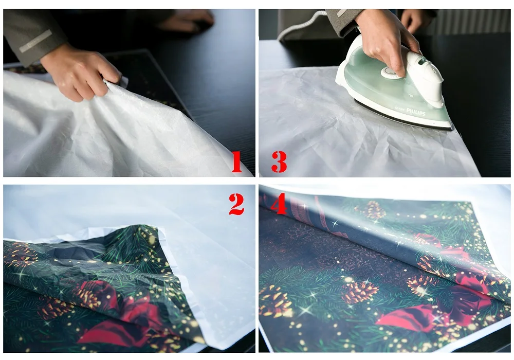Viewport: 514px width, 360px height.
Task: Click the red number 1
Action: (x=236, y=162)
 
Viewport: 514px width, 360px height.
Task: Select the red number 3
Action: (x=279, y=162)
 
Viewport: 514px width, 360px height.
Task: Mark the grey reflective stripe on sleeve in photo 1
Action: (x=35, y=41)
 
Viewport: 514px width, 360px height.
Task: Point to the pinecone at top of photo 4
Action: (x=374, y=210)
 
